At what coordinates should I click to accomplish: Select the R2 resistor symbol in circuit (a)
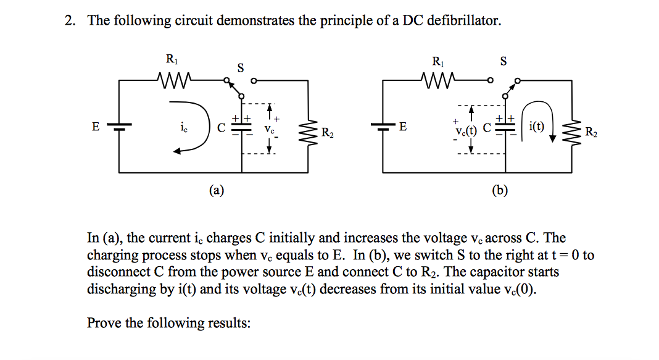click(309, 129)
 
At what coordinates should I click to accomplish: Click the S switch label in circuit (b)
click(504, 61)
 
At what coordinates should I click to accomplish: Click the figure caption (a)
click(216, 190)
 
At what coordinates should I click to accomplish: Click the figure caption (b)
click(500, 190)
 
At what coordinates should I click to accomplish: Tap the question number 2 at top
click(70, 21)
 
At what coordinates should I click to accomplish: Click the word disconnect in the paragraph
click(117, 272)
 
